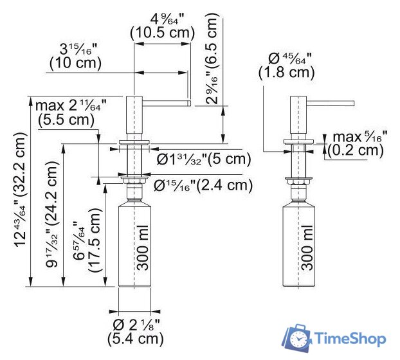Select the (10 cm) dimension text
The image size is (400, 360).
75,63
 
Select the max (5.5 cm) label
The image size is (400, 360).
64,119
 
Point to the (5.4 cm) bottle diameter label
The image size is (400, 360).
137,337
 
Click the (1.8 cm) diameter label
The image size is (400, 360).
286,73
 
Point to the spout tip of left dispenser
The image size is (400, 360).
188,101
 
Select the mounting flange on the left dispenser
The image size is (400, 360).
134,141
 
